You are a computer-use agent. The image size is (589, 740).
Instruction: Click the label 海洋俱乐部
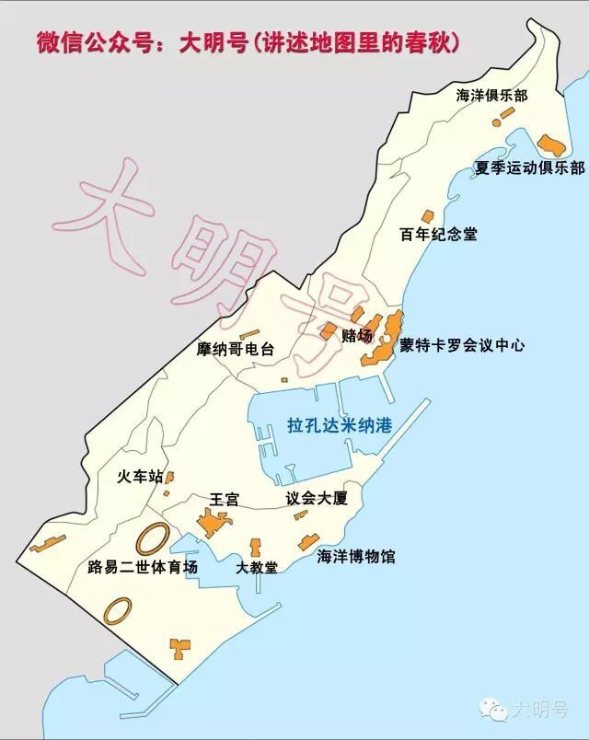point(493,96)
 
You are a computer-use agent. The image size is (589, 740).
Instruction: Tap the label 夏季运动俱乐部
point(529,168)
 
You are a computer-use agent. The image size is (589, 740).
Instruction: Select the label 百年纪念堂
point(439,234)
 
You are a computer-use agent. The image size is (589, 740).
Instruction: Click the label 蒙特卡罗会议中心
point(462,346)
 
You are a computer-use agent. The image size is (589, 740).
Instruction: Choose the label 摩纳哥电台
point(236,350)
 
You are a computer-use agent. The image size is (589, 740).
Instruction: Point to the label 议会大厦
point(317,499)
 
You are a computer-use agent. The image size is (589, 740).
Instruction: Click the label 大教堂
point(257,567)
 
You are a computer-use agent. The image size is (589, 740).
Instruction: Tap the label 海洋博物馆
point(355,557)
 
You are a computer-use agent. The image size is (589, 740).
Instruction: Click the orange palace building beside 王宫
point(215,523)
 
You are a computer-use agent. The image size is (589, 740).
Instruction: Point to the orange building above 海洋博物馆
point(307,541)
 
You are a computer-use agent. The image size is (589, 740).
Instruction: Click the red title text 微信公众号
point(88,42)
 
